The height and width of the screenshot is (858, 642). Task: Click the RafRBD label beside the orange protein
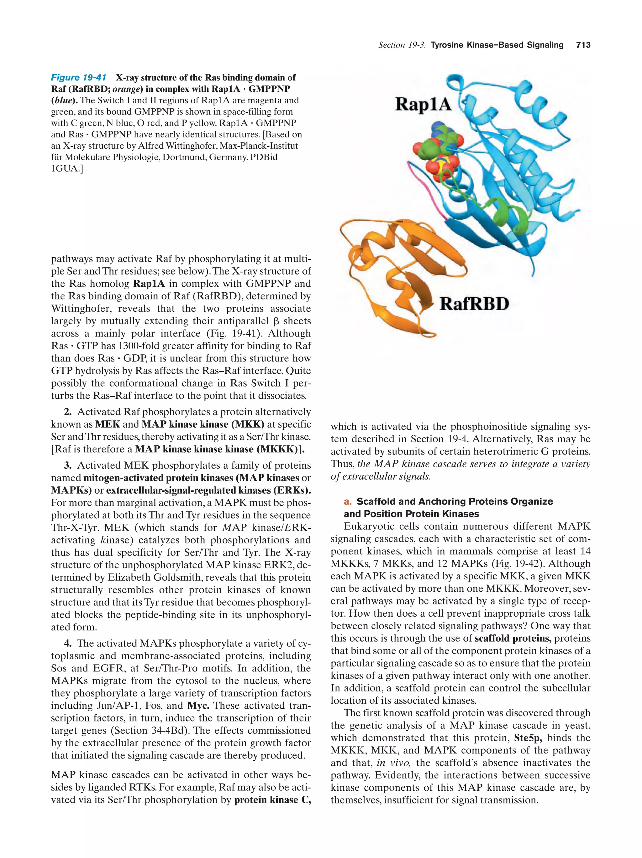[474, 304]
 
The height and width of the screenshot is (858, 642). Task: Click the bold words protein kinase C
[272, 800]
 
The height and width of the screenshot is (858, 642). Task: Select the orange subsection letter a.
[347, 501]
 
